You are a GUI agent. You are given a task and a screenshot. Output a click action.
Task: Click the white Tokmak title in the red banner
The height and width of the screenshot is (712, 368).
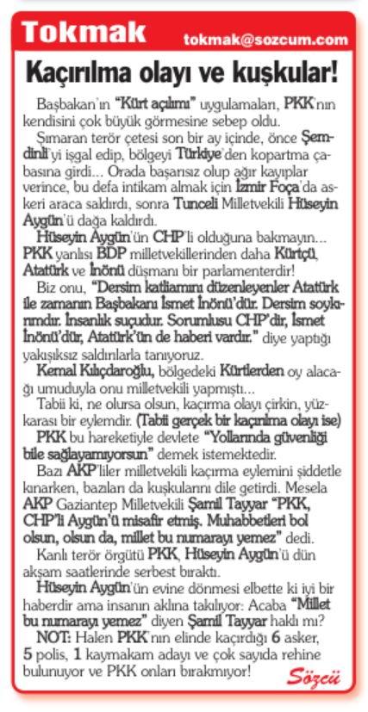[84, 35]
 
